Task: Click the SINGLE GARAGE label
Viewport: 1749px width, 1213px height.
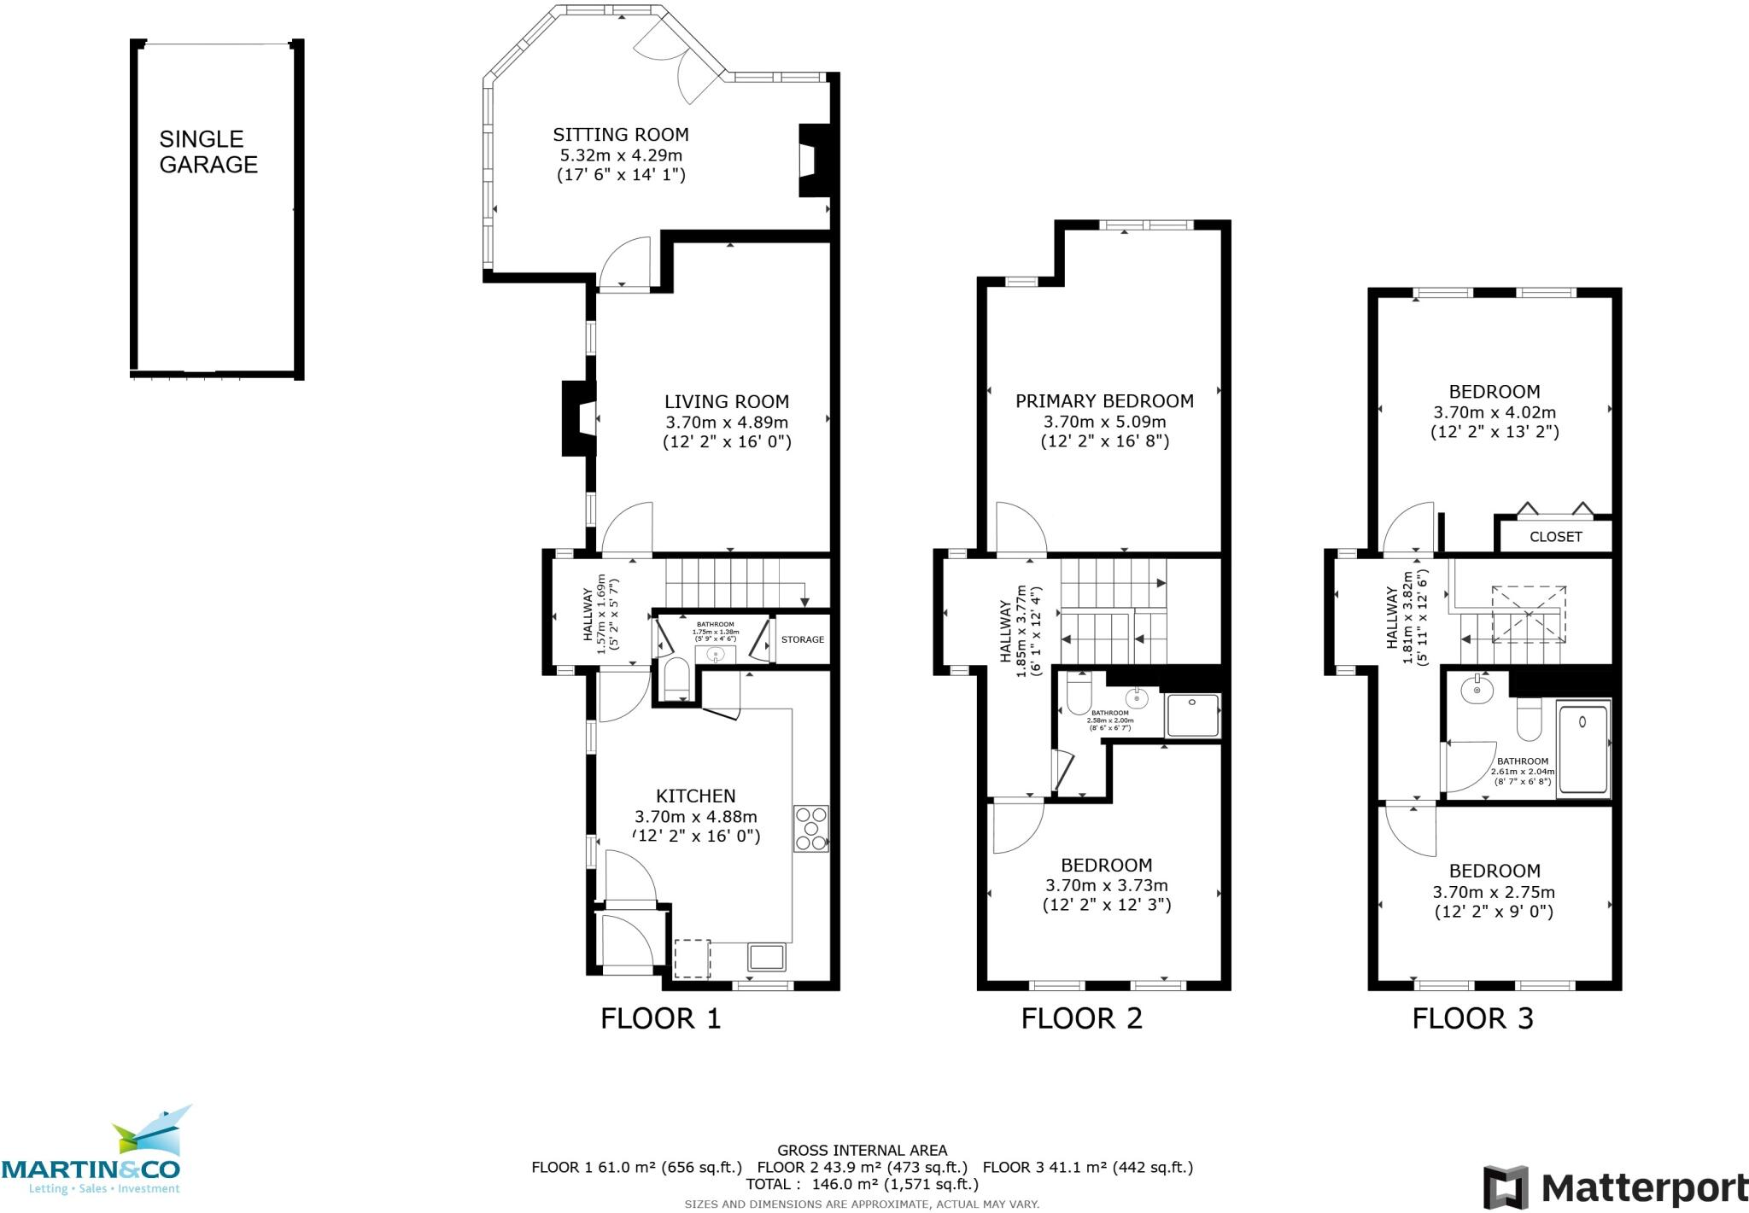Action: click(208, 152)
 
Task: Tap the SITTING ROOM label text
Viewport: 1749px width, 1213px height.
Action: click(620, 135)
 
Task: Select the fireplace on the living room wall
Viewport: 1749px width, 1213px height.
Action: click(578, 418)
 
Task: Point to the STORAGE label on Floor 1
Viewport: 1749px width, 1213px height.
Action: click(802, 639)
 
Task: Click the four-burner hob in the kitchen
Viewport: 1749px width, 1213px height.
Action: click(810, 828)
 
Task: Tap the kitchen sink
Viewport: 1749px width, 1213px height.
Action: click(767, 956)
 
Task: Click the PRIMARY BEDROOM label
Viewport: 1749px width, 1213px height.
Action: click(1104, 401)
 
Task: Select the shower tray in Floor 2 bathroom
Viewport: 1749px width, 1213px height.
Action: click(1192, 715)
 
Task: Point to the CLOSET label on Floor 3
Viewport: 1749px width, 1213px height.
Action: click(1555, 537)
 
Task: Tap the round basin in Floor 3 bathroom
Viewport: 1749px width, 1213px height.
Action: click(1476, 690)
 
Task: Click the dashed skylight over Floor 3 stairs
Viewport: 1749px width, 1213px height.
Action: click(1529, 614)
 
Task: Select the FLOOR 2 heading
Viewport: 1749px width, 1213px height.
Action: click(1081, 1018)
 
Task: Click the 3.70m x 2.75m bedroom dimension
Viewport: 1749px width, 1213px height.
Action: click(1493, 892)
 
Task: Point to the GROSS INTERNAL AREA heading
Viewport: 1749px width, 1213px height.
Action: click(862, 1151)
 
